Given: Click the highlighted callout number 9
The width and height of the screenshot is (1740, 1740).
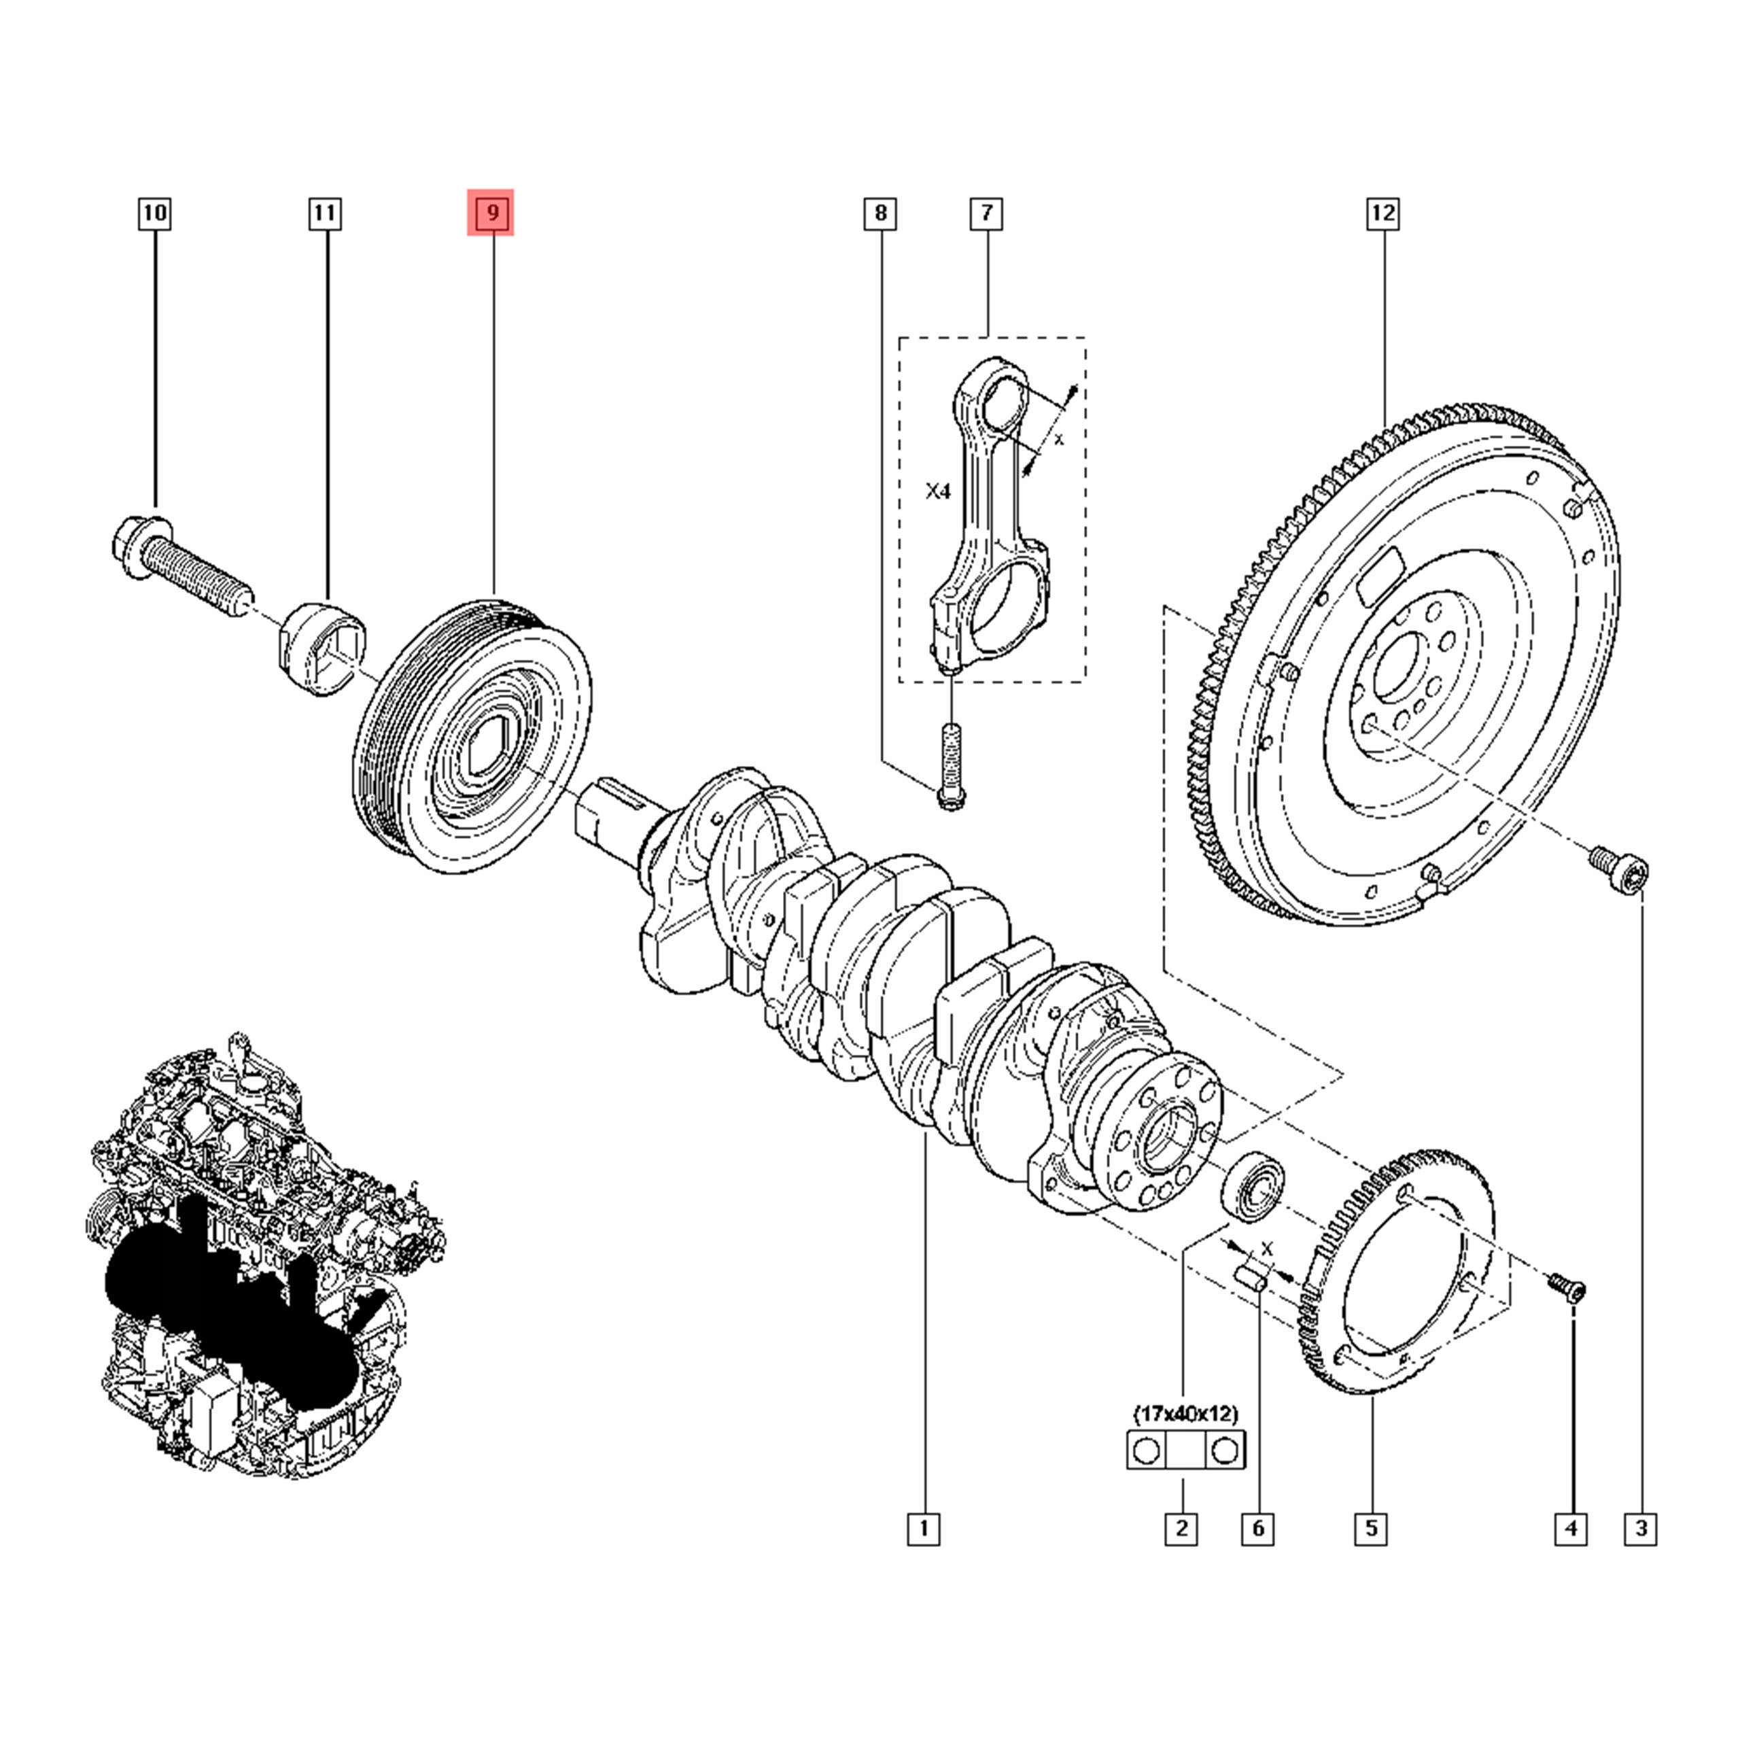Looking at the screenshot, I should [491, 213].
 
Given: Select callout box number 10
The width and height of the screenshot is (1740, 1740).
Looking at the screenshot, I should [155, 213].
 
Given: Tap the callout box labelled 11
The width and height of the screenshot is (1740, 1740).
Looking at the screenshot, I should [324, 213].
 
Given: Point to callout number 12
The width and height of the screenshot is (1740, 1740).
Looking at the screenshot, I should [1382, 213].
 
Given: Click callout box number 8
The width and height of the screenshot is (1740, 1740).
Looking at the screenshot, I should [880, 213].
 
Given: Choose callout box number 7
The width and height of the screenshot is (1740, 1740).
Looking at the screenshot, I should [987, 213].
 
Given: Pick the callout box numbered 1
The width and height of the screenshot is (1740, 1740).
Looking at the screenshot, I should [923, 1529].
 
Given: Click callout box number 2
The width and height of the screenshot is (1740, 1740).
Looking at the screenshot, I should [1181, 1529].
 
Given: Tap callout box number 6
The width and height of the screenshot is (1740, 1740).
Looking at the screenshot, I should [1257, 1529].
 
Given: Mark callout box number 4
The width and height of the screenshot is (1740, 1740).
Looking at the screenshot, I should [1571, 1529].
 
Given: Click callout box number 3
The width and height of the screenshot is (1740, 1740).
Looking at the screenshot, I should [1641, 1529].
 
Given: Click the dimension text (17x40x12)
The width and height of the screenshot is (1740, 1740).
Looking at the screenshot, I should [1185, 1414].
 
